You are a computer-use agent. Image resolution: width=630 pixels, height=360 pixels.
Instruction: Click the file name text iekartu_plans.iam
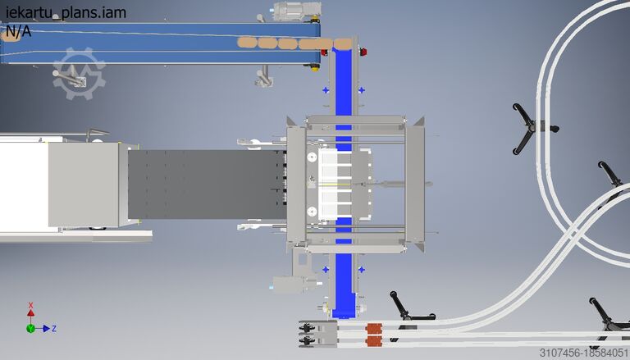point(66,12)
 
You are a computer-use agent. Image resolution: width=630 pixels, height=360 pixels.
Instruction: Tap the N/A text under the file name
point(19,31)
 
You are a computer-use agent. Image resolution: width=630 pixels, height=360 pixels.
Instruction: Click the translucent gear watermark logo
point(79,74)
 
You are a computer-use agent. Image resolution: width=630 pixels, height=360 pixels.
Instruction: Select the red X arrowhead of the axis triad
point(30,312)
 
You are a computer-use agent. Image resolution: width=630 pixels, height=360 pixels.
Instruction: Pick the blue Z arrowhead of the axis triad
point(46,329)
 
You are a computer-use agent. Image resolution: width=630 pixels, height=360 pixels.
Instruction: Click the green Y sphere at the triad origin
point(30,329)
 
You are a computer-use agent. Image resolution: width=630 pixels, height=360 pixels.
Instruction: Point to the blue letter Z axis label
point(54,329)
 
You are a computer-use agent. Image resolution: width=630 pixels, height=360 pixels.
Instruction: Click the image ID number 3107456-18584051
point(584,353)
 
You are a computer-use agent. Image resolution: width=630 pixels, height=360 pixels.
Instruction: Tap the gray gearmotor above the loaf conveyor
point(295,11)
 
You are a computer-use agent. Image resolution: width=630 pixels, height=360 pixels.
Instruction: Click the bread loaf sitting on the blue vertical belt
point(343,43)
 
